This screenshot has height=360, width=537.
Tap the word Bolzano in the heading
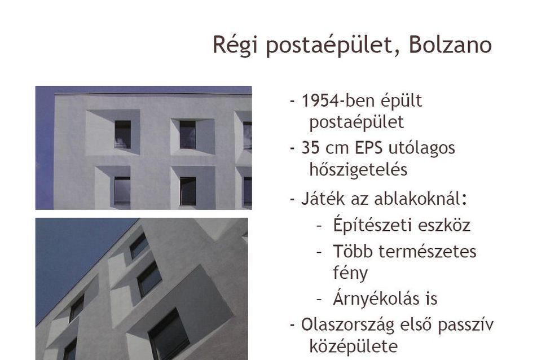click(450, 44)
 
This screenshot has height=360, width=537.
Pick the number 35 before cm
click(311, 148)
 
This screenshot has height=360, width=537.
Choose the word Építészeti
click(372, 225)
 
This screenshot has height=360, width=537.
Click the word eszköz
click(443, 226)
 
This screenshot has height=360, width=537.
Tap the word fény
click(350, 273)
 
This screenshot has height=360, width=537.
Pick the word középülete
click(354, 346)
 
